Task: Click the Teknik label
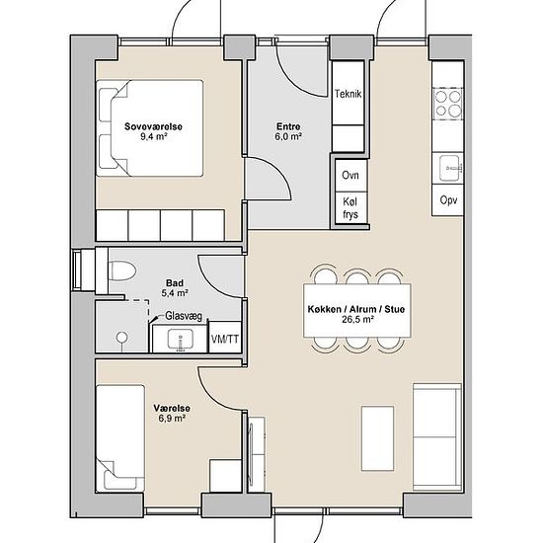tap(349, 94)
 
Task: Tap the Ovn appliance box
tap(350, 175)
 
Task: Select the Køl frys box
tap(350, 208)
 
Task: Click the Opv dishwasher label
tap(448, 200)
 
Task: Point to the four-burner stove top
tap(448, 104)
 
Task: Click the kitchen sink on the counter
tap(450, 168)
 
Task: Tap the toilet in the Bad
tap(121, 271)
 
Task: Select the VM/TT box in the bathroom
tap(225, 338)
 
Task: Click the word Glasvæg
tap(184, 316)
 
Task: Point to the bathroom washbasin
tap(180, 339)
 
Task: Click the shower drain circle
tap(121, 337)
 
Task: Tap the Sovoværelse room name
tap(153, 126)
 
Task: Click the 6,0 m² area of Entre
tap(288, 136)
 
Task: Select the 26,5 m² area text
tap(357, 319)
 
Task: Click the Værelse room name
tap(172, 409)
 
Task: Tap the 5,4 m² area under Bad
tap(175, 293)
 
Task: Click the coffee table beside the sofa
tap(377, 438)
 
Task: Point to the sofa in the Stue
tap(437, 437)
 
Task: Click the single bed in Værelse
tap(120, 438)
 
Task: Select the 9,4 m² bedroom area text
tap(153, 136)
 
